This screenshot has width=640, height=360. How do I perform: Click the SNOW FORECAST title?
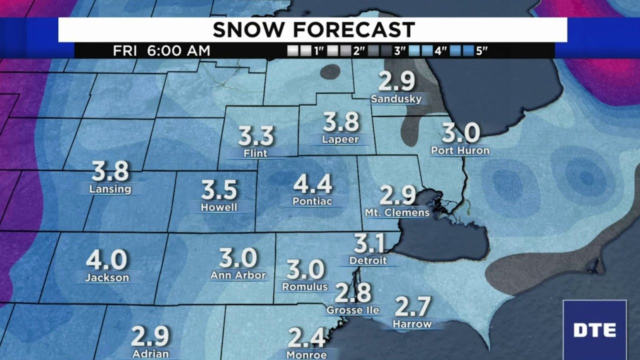pyautogui.click(x=313, y=30)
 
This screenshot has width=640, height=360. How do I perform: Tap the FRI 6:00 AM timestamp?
pyautogui.click(x=161, y=51)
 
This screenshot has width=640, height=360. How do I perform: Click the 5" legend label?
pyautogui.click(x=481, y=51)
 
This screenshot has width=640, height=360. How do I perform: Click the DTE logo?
pyautogui.click(x=594, y=330)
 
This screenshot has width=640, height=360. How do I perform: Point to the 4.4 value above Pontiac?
pyautogui.click(x=312, y=184)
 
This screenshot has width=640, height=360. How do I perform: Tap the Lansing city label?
pyautogui.click(x=110, y=189)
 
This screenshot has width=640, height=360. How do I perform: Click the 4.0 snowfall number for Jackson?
pyautogui.click(x=106, y=260)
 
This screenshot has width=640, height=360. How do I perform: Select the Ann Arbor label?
pyautogui.click(x=238, y=275)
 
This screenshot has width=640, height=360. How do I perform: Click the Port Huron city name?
pyautogui.click(x=460, y=150)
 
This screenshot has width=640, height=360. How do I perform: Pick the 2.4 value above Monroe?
pyautogui.click(x=306, y=338)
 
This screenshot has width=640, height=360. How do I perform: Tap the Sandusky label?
pyautogui.click(x=396, y=98)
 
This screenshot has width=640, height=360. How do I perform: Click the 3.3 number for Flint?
pyautogui.click(x=256, y=135)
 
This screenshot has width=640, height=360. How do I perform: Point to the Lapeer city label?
pyautogui.click(x=340, y=139)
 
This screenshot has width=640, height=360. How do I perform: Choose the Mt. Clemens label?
pyautogui.click(x=397, y=212)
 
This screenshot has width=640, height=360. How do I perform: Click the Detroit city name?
pyautogui.click(x=368, y=260)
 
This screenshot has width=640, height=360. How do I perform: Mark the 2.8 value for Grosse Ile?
pyautogui.click(x=352, y=293)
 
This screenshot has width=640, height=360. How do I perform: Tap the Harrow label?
pyautogui.click(x=412, y=324)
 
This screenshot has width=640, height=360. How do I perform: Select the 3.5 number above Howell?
pyautogui.click(x=219, y=190)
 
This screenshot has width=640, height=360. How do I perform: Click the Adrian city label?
pyautogui.click(x=150, y=353)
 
